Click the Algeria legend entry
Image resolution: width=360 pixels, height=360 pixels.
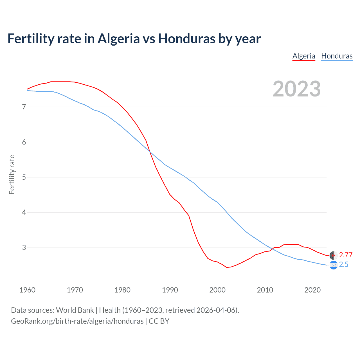coord(304,56)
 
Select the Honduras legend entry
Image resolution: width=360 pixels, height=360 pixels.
coord(337,56)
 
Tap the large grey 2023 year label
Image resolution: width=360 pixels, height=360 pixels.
coord(297,89)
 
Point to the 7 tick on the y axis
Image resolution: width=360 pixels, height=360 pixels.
coord(24,107)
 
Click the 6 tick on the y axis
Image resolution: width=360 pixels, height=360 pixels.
coord(24,142)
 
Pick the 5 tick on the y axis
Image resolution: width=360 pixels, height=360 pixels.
coord(24,177)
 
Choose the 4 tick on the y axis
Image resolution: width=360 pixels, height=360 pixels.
coord(24,212)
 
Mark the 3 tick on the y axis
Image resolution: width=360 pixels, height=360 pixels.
coord(24,247)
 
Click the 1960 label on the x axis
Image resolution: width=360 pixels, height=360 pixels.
coord(27,290)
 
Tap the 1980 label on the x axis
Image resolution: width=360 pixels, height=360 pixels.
coord(122,290)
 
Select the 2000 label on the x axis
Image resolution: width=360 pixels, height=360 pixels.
coord(217,290)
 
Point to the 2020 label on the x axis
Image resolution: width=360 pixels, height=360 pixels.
coord(312,290)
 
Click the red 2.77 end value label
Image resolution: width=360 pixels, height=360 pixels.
coord(346,255)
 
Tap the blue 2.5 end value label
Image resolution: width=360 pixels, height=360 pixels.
coord(344,265)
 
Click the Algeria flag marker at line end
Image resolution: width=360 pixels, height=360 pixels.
coord(333,255)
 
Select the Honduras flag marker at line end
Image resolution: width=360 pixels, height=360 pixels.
coord(333,265)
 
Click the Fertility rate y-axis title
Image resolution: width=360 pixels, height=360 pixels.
coord(12,174)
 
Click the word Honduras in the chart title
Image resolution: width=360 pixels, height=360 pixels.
coord(187,39)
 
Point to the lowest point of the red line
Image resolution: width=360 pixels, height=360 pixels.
coord(227,267)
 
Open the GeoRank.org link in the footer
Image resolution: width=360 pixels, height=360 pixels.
coord(77,321)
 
